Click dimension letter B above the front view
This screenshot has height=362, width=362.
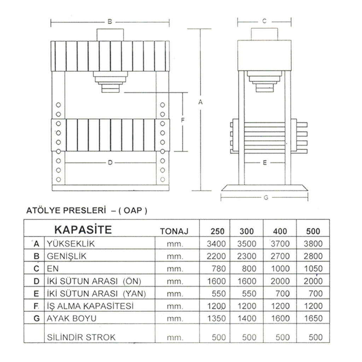110,22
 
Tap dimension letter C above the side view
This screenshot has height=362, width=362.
264,21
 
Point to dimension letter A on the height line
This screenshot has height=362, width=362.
200,102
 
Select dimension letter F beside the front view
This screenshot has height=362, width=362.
183,120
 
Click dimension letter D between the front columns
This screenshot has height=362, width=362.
110,163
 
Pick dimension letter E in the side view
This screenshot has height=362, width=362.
265,163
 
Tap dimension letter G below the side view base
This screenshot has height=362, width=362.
266,198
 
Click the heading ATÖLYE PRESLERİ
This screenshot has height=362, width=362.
66,211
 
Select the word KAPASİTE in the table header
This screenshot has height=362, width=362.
83,229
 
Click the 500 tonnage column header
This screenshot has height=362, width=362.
313,231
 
